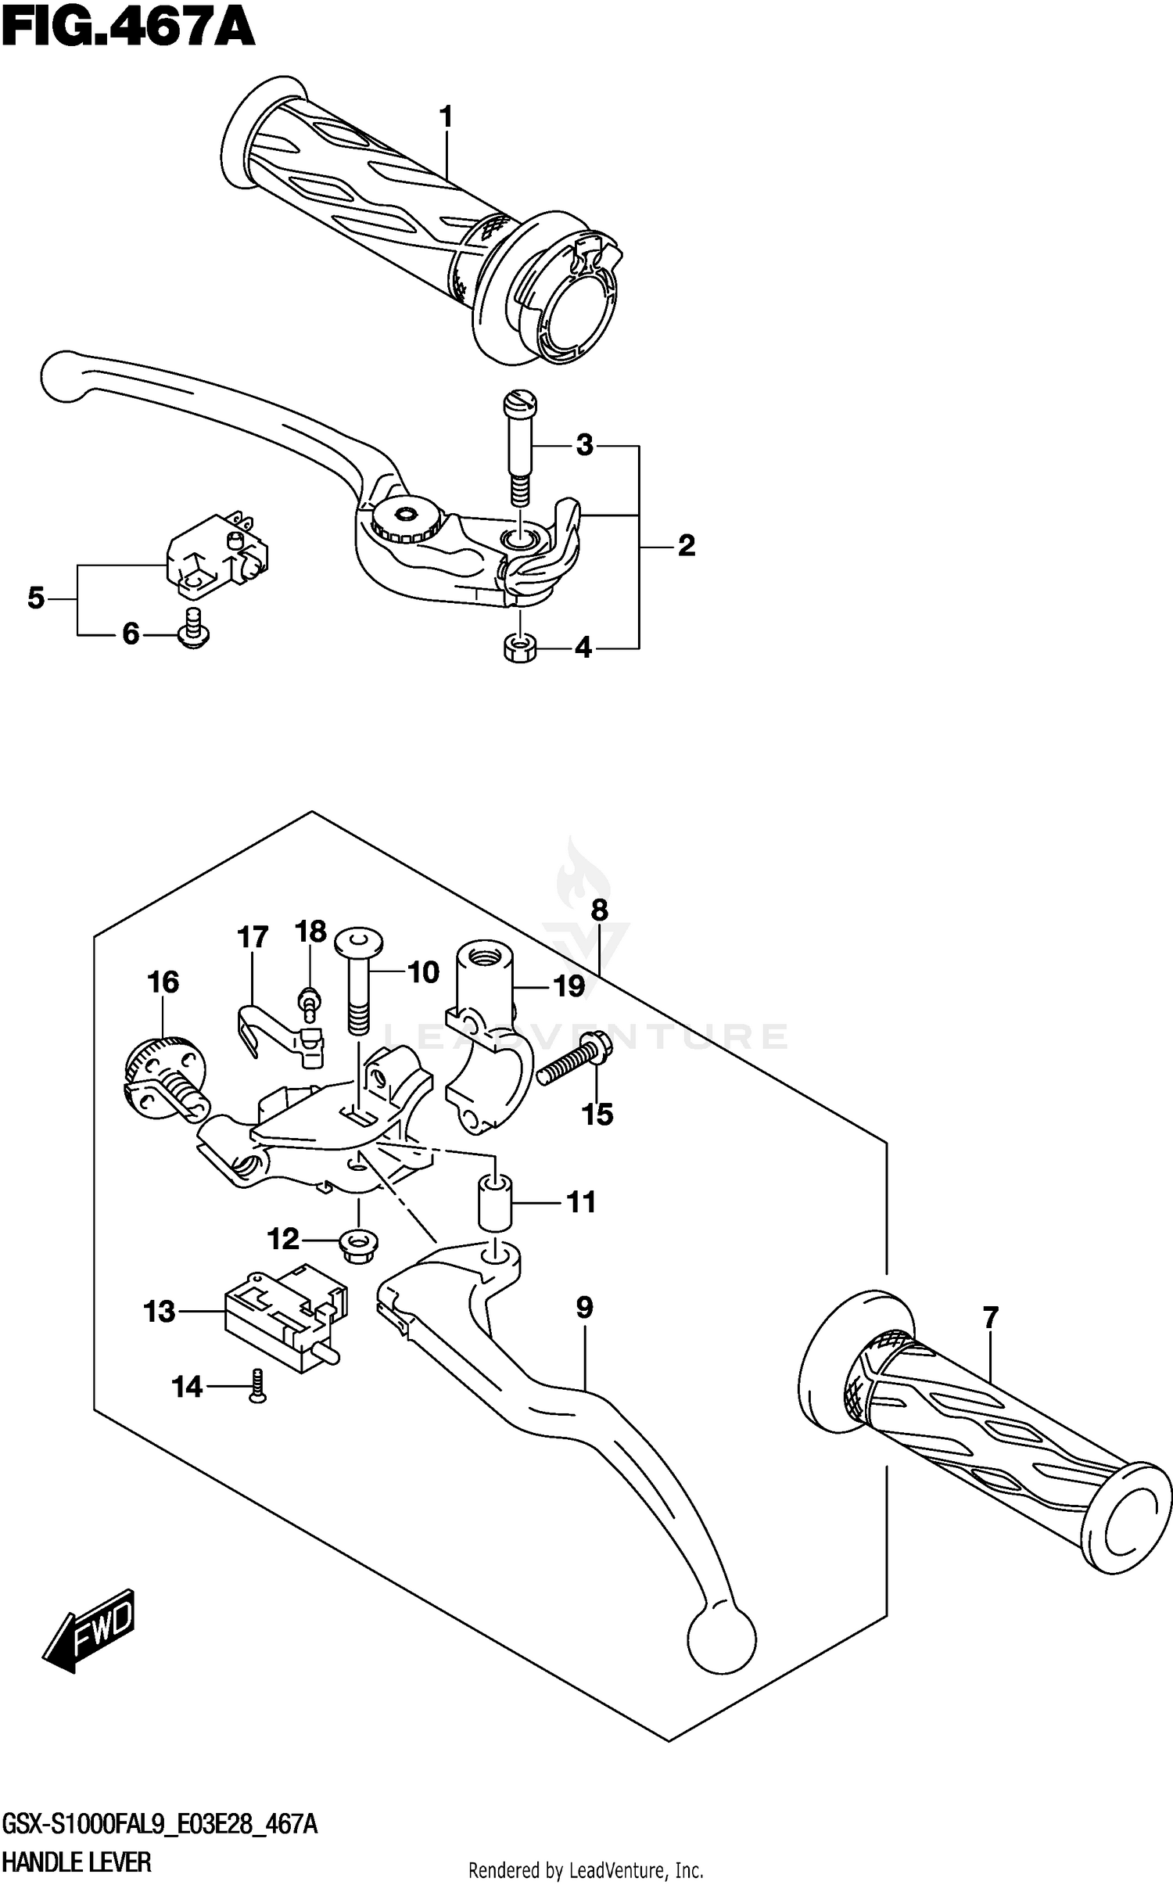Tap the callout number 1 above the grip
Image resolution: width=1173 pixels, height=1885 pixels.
click(446, 118)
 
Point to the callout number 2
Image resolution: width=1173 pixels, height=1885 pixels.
click(686, 545)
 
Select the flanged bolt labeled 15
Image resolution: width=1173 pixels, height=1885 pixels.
click(574, 1057)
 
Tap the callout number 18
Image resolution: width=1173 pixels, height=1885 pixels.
click(310, 932)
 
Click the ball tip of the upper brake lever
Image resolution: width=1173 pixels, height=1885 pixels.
click(63, 375)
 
